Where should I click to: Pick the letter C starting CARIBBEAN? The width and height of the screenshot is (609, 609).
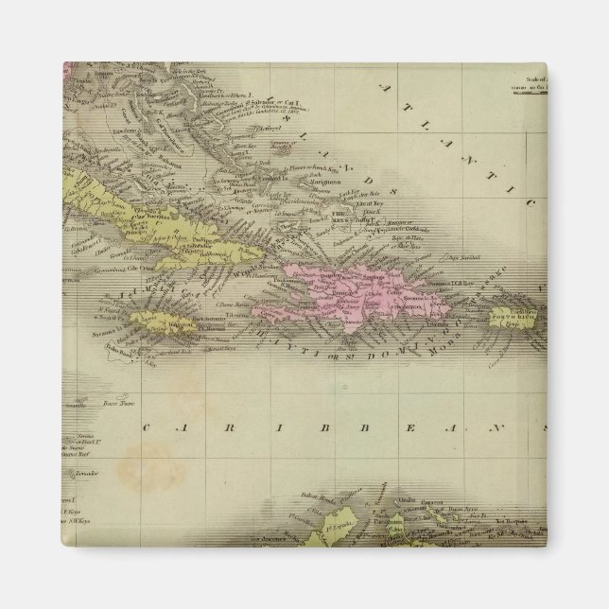[x=148, y=427]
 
